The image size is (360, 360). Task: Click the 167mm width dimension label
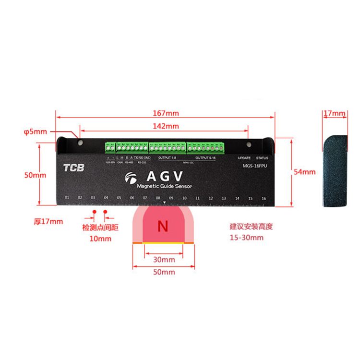(166, 114)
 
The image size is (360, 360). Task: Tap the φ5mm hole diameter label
(36, 131)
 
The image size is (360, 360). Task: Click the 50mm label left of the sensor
(35, 175)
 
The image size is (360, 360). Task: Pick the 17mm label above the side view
(335, 114)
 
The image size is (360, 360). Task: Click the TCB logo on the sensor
(73, 168)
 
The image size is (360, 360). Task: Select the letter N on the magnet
(163, 225)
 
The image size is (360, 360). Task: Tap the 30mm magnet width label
(163, 260)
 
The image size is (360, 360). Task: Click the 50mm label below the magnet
(163, 272)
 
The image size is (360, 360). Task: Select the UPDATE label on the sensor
(244, 158)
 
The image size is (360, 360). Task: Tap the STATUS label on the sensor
(263, 158)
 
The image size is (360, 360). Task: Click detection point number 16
(263, 198)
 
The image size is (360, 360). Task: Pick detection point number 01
(67, 198)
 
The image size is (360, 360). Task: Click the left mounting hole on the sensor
(80, 143)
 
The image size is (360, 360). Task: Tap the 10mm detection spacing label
(100, 239)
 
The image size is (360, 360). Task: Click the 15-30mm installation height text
(246, 238)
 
